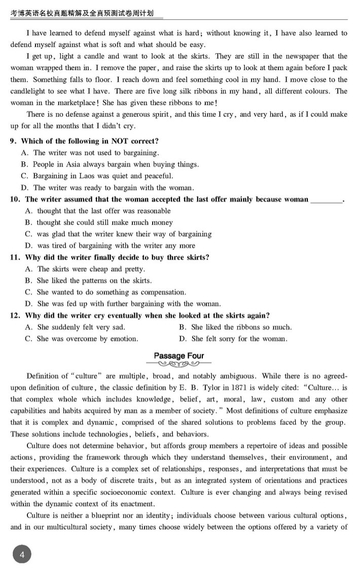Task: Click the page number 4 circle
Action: click(21, 555)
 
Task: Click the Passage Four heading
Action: click(179, 355)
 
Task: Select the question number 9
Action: click(14, 141)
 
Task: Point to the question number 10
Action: click(16, 199)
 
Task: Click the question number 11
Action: click(16, 258)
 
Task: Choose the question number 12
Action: click(16, 315)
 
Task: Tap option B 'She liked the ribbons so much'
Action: click(235, 327)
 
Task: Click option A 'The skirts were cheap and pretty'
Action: click(85, 269)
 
